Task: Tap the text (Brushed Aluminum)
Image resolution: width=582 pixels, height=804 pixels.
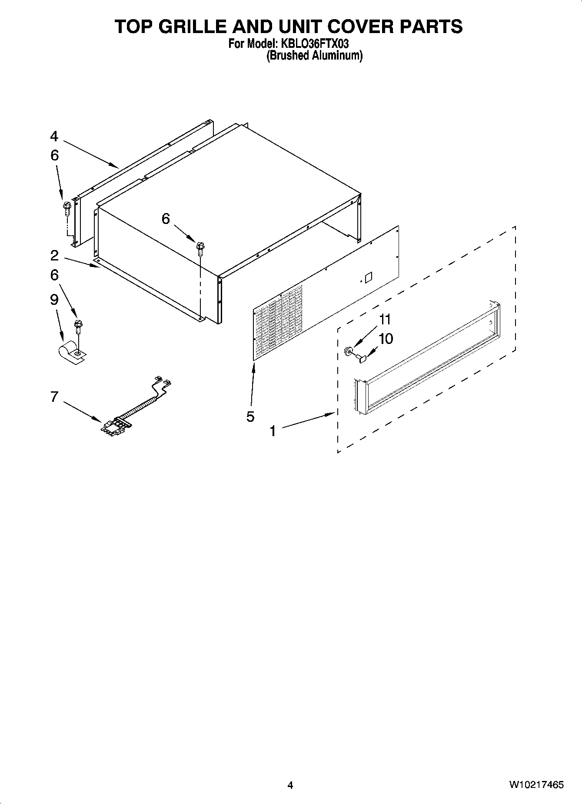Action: pos(314,55)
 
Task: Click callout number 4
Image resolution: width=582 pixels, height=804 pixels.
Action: pos(54,137)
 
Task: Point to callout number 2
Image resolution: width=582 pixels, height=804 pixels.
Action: pos(54,255)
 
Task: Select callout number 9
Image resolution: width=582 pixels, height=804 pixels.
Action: pos(54,300)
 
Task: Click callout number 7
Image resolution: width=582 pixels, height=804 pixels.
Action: pos(54,397)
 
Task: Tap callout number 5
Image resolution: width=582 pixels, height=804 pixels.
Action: pos(250,417)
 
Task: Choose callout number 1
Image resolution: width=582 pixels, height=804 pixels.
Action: pos(273,431)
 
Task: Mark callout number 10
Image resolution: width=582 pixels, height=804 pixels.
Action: pos(386,338)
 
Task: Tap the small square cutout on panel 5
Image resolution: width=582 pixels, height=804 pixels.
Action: pos(368,277)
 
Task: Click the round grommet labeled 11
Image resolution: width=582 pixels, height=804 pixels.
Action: pos(348,350)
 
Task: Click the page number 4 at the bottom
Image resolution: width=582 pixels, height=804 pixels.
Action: pos(290,785)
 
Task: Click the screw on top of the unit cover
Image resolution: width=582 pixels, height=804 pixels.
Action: pos(200,248)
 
